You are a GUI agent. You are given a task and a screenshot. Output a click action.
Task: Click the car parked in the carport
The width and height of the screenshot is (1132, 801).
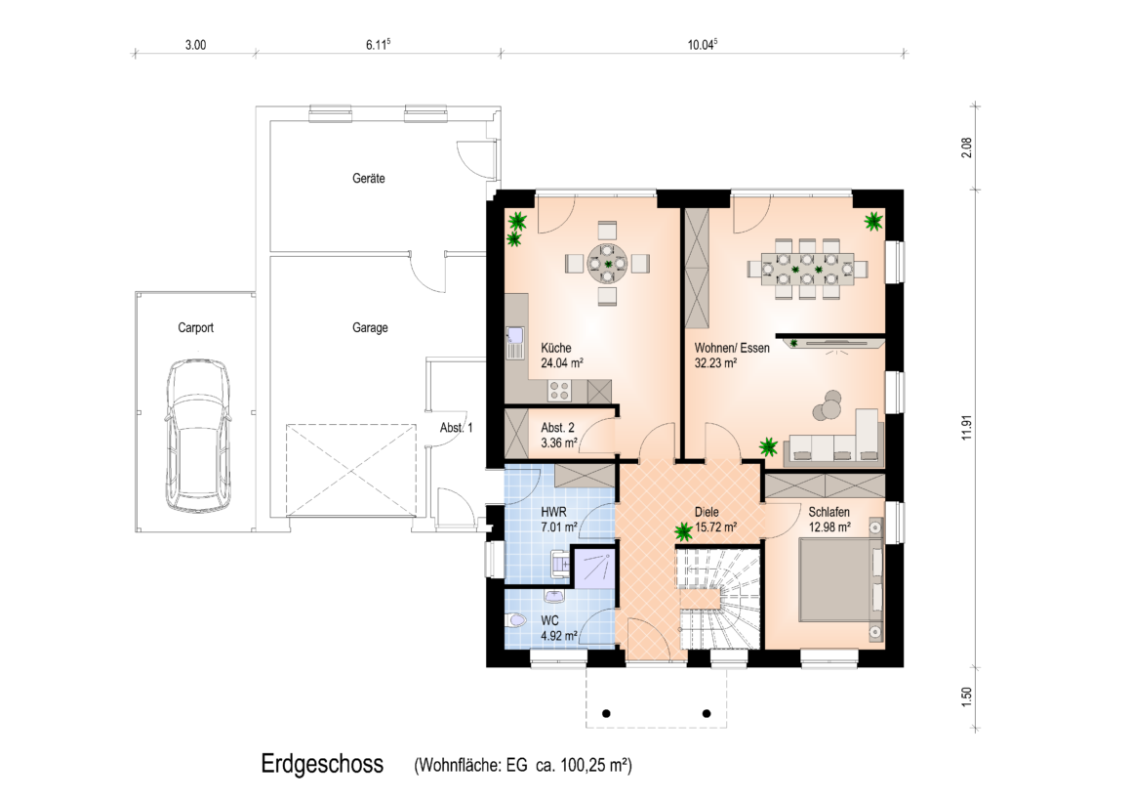pyautogui.click(x=197, y=436)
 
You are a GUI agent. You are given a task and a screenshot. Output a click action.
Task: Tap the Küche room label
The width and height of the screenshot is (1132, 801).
pyautogui.click(x=556, y=348)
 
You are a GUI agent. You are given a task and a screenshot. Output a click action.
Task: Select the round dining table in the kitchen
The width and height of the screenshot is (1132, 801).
pyautogui.click(x=607, y=264)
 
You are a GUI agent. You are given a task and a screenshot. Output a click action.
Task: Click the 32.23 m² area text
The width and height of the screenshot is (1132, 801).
pyautogui.click(x=715, y=363)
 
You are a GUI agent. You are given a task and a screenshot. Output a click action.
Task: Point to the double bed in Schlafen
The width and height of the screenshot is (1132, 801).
pyautogui.click(x=841, y=580)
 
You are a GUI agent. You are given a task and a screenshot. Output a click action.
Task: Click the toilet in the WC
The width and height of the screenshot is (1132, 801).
pyautogui.click(x=515, y=621)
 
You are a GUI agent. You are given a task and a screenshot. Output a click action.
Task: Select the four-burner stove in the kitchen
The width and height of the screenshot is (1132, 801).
pyautogui.click(x=560, y=391)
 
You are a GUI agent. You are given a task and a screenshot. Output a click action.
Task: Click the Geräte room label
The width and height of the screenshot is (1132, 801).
pyautogui.click(x=368, y=178)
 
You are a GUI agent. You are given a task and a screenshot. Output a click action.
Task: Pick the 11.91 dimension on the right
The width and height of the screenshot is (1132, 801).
pyautogui.click(x=967, y=427)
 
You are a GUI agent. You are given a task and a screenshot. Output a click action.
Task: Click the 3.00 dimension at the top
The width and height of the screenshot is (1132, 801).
pyautogui.click(x=195, y=45)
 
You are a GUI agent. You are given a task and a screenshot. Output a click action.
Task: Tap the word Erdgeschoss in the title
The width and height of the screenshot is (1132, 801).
pyautogui.click(x=322, y=764)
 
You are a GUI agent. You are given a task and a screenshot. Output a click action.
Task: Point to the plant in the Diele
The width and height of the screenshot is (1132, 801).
pyautogui.click(x=683, y=532)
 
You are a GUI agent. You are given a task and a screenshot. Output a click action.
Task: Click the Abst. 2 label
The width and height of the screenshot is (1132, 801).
pyautogui.click(x=557, y=428)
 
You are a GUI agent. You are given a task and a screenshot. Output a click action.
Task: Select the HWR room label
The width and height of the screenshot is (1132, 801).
pyautogui.click(x=553, y=512)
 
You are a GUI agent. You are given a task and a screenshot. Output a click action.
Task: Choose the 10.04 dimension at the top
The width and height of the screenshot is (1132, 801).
pyautogui.click(x=702, y=44)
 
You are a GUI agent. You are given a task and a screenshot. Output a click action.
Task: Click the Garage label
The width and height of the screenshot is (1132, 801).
pyautogui.click(x=370, y=327)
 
